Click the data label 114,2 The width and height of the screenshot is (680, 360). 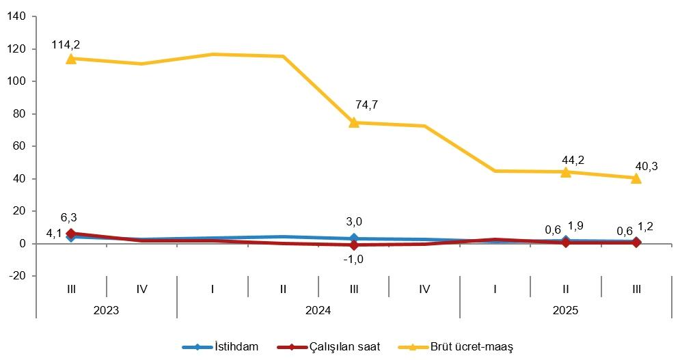[x=66, y=44]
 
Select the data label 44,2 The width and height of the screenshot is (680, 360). [x=573, y=160]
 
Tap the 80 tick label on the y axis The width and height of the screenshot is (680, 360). [x=18, y=114]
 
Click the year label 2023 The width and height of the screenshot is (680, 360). [x=106, y=309]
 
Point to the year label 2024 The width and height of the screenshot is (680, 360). [x=318, y=309]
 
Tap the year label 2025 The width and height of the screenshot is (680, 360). [x=566, y=309]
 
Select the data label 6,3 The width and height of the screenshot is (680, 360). [x=68, y=218]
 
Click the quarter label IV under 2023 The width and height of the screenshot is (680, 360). [x=141, y=289]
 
